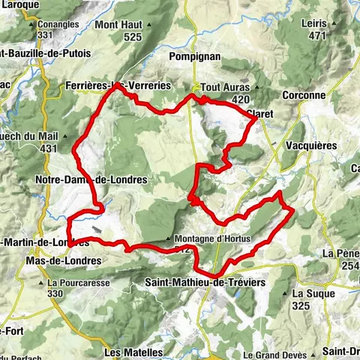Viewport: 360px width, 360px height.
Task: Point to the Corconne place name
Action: (304, 95)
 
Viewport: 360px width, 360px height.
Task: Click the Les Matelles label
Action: (133, 352)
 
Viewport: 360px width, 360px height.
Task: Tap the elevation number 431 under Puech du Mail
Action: (49, 148)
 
